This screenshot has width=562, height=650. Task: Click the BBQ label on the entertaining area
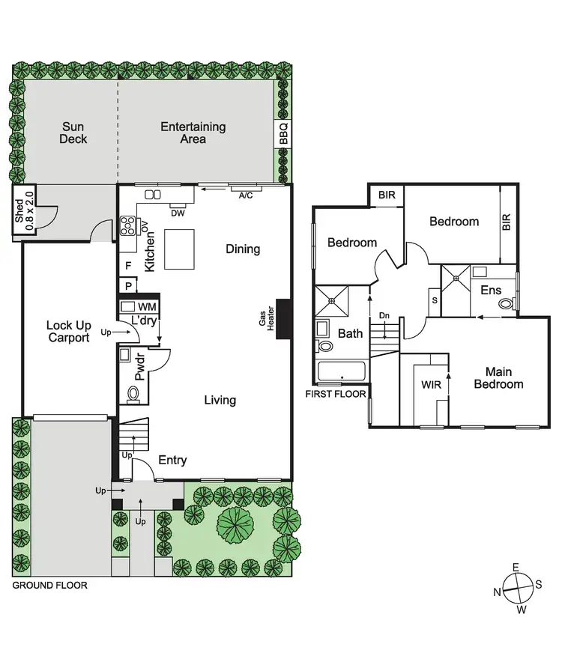[283, 134]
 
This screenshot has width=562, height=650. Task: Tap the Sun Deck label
[74, 133]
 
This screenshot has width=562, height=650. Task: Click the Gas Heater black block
[284, 319]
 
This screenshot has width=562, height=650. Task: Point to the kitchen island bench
[178, 249]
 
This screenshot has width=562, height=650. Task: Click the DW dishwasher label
[178, 213]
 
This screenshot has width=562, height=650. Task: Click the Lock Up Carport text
[68, 331]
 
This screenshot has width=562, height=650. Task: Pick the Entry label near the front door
[172, 460]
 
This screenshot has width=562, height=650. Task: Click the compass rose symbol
[516, 589]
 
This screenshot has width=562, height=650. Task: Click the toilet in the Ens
[507, 304]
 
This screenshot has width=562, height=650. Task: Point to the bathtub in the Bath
[342, 371]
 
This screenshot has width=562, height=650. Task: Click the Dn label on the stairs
[384, 315]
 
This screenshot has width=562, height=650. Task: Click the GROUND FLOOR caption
[49, 586]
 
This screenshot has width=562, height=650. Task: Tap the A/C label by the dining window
[245, 196]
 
